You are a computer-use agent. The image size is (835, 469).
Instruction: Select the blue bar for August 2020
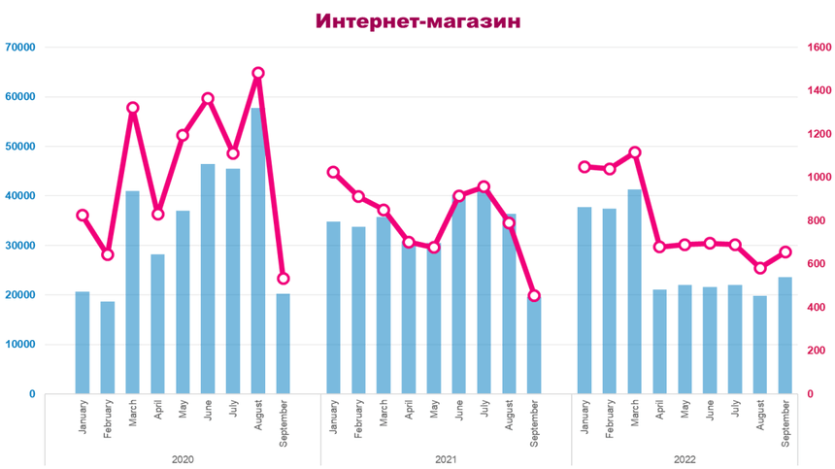257,252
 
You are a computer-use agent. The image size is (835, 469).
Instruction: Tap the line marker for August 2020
258,73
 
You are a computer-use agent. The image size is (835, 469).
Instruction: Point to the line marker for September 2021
534,295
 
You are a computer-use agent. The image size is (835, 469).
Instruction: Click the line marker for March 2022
635,152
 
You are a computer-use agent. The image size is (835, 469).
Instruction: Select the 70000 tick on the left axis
19,47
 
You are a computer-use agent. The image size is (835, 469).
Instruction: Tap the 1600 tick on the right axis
818,47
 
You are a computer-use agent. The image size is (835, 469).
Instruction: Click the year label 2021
447,459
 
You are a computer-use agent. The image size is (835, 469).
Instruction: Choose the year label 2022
685,459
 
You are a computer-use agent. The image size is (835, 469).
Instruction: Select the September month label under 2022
785,422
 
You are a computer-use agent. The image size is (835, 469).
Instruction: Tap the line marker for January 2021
334,172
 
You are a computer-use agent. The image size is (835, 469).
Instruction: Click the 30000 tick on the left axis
19,245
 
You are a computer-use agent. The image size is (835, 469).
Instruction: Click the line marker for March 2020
133,108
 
